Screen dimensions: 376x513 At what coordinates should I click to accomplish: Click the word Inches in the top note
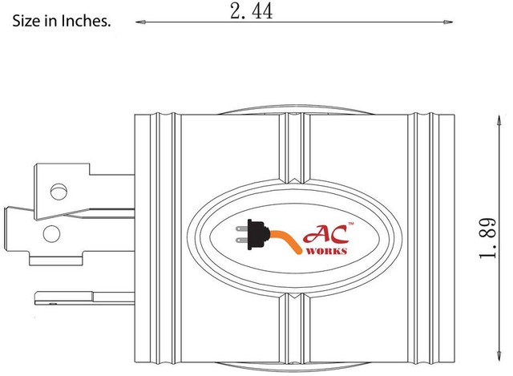pos(87,22)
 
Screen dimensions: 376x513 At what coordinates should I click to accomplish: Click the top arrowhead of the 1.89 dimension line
pos(491,119)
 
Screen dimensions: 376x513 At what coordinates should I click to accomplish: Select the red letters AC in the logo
pos(321,235)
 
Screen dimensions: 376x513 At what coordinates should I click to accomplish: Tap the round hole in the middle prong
pos(51,233)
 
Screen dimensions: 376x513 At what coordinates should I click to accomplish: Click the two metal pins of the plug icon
pos(239,233)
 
